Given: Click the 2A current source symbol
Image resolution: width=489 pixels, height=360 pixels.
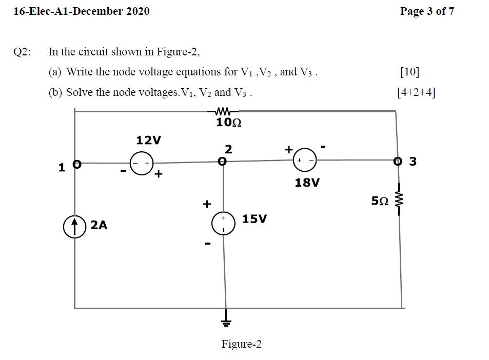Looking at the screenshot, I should [x=74, y=226].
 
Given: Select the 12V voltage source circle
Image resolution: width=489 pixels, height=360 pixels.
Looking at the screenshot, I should [x=141, y=163].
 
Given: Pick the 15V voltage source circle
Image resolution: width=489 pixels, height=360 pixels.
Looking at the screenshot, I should [x=224, y=223].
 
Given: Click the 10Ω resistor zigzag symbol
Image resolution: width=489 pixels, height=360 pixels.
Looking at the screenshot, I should [x=223, y=111].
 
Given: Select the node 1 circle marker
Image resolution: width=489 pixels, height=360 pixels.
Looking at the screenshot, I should [x=76, y=165].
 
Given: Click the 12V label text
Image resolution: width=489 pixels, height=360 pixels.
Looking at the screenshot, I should [x=148, y=140].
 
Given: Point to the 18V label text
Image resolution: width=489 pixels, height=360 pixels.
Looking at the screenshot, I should [x=307, y=182].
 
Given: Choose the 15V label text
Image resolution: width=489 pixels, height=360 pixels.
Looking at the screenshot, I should [x=255, y=219].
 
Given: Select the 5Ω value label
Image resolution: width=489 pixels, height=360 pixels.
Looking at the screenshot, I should [x=379, y=202].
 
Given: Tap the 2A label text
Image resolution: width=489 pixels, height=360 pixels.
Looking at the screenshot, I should [x=99, y=225].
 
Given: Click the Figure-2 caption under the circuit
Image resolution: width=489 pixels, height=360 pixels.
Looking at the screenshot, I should [x=241, y=344].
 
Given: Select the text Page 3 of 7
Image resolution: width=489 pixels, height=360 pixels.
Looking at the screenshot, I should [x=426, y=11].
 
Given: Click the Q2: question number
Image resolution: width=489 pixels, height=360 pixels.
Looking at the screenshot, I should [x=22, y=52].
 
